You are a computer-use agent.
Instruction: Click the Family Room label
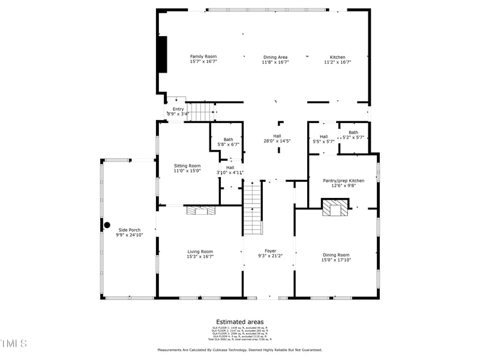(203, 56)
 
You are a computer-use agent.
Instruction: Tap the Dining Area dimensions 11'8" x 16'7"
(275, 62)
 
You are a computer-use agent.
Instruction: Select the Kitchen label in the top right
(338, 57)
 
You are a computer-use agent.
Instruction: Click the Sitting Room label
(187, 166)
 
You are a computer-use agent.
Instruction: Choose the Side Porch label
(129, 230)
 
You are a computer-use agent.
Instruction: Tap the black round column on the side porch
(107, 226)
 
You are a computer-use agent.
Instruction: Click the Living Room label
(200, 251)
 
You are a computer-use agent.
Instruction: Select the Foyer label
(270, 251)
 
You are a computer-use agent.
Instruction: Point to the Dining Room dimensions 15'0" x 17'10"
(335, 260)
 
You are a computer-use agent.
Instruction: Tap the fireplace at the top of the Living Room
(200, 210)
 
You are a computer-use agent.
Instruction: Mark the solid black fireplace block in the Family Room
(162, 55)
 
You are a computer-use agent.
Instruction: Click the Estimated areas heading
(239, 322)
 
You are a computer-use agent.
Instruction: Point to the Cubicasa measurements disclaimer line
(239, 350)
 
